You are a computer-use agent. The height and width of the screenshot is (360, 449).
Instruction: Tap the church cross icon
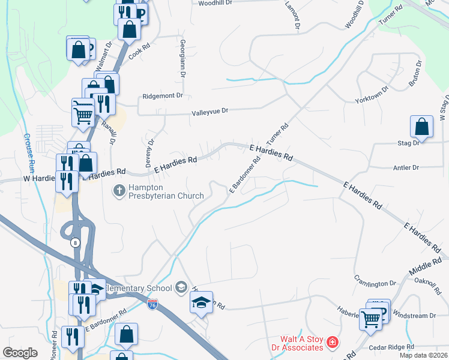pyautogui.click(x=119, y=191)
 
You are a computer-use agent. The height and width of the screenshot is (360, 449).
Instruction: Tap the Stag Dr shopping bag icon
pyautogui.click(x=421, y=127)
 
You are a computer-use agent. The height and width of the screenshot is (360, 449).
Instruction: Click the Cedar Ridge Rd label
pyautogui.click(x=393, y=347)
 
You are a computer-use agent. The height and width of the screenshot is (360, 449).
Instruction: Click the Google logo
pyautogui.click(x=20, y=353)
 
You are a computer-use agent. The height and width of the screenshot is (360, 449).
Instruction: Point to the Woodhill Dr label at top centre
pyautogui.click(x=213, y=3)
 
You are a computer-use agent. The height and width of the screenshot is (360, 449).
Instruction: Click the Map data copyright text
pyautogui.click(x=423, y=355)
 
